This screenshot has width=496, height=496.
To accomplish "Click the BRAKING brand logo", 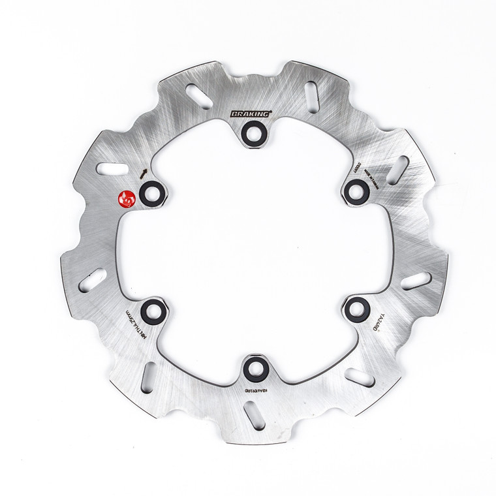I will click(251, 114).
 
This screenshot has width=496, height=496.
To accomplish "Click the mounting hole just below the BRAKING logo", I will click(251, 132).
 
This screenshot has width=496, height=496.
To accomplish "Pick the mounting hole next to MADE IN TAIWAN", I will click(354, 189).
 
